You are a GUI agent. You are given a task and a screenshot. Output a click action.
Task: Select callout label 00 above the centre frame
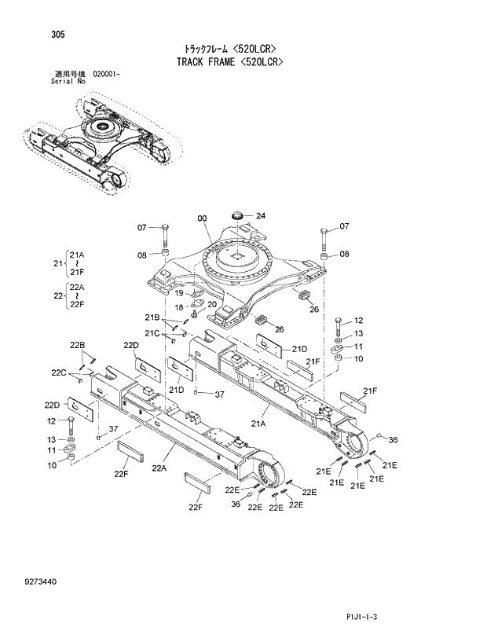(202, 218)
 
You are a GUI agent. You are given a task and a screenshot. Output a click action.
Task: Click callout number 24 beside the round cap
(260, 216)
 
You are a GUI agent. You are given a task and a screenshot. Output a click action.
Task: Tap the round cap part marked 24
(240, 215)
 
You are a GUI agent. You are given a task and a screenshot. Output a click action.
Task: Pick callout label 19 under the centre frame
(179, 292)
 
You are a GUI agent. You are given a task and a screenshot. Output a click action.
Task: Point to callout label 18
(179, 306)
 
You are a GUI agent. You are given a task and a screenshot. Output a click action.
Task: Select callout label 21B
(152, 317)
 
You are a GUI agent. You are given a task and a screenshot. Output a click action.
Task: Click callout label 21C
(152, 334)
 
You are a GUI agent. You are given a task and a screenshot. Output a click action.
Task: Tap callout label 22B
(77, 346)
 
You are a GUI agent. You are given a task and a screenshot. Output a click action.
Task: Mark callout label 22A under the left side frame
(159, 468)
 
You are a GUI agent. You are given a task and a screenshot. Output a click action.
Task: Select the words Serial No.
(68, 80)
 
